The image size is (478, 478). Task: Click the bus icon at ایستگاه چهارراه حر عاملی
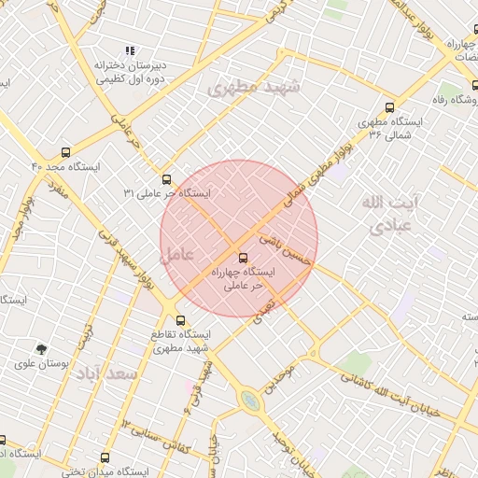click(x=244, y=257)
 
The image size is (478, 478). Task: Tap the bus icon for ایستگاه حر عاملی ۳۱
click(x=167, y=178)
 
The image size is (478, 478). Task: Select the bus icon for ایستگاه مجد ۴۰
click(x=64, y=151)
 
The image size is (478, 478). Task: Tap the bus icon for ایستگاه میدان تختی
click(x=105, y=457)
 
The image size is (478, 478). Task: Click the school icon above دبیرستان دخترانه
click(x=130, y=50)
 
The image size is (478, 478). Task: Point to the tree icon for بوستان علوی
click(x=41, y=349)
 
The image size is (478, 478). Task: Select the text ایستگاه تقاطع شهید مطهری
click(x=182, y=339)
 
